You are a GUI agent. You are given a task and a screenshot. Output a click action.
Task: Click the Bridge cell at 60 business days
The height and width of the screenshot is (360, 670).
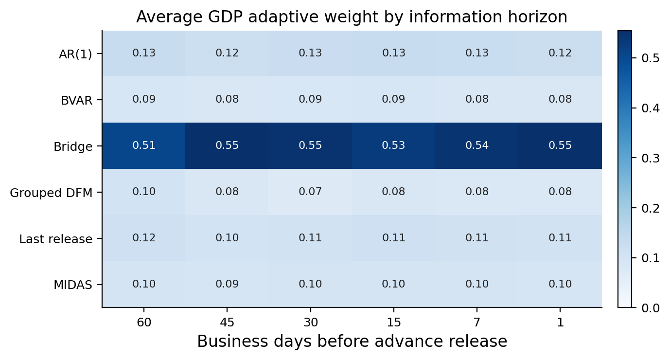[x=144, y=146]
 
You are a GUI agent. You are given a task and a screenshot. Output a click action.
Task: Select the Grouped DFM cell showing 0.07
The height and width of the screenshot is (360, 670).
[x=310, y=192]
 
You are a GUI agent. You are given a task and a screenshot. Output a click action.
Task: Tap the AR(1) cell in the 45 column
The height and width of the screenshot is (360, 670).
[x=227, y=53]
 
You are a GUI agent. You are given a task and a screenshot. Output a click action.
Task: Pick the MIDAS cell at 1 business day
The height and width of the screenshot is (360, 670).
[x=560, y=284]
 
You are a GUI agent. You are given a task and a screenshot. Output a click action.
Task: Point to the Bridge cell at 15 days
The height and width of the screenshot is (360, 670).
[x=394, y=146]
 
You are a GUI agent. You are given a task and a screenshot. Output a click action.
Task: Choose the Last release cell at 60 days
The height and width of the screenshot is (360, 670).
[x=144, y=238]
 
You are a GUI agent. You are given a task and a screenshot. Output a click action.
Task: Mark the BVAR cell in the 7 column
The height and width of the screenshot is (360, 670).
[x=477, y=99]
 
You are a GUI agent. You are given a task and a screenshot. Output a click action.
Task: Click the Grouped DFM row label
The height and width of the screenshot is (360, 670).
[x=51, y=193]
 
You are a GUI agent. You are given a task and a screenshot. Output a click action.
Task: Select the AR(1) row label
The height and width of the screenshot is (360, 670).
[x=75, y=54]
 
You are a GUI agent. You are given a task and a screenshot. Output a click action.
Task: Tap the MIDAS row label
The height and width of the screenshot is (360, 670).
[x=73, y=285]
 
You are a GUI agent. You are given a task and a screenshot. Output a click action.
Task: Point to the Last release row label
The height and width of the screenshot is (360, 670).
[x=56, y=239]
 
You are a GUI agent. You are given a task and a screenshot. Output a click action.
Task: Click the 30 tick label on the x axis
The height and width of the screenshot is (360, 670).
[x=311, y=322]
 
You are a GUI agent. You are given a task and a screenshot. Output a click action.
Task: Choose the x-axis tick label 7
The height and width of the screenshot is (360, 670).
[x=477, y=322]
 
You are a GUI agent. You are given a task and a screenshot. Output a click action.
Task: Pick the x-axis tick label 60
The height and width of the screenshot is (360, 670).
[x=144, y=322]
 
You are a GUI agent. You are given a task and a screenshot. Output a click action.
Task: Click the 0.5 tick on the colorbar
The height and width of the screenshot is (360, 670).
[x=650, y=58]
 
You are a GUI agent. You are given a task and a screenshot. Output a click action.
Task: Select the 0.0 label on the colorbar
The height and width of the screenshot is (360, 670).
[x=650, y=307]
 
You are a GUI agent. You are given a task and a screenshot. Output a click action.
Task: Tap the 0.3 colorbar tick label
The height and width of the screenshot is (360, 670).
[x=650, y=158]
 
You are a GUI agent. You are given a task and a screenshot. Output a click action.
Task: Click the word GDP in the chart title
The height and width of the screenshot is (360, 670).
[x=225, y=17]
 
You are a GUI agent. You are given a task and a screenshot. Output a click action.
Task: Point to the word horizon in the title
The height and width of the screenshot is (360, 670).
[x=535, y=17]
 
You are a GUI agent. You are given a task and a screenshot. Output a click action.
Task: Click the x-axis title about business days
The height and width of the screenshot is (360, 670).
[x=352, y=341]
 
